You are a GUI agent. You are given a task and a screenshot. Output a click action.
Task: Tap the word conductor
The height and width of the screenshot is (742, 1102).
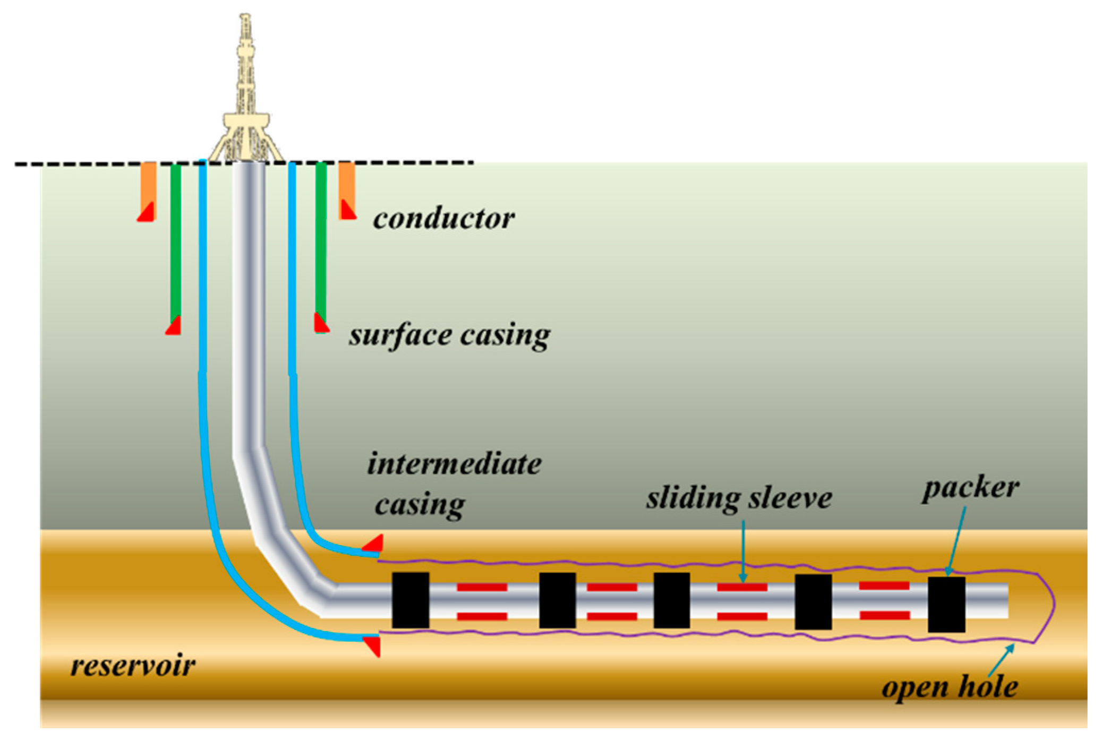pyautogui.click(x=443, y=218)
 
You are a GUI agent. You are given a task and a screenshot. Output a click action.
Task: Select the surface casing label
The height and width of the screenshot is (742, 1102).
pyautogui.click(x=449, y=335)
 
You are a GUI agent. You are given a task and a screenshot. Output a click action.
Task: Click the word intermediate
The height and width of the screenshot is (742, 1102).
pyautogui.click(x=454, y=463)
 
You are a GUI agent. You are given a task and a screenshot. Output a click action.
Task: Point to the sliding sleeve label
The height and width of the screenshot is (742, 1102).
pyautogui.click(x=739, y=498)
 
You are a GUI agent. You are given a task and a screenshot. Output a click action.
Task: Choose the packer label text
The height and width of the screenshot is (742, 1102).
pyautogui.click(x=970, y=487)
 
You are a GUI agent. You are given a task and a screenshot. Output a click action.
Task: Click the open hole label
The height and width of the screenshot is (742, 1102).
pyautogui.click(x=950, y=687)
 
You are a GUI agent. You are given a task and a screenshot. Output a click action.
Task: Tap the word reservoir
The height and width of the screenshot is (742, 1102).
pyautogui.click(x=133, y=665)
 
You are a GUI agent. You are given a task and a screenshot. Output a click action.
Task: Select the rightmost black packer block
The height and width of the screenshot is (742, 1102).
pyautogui.click(x=946, y=604)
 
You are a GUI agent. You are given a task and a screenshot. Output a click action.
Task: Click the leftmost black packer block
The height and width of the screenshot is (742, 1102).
pyautogui.click(x=411, y=600)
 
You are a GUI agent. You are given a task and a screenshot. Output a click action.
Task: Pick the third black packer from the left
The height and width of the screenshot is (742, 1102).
pyautogui.click(x=672, y=600)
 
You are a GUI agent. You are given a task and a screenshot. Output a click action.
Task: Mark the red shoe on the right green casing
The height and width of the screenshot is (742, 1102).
pyautogui.click(x=320, y=323)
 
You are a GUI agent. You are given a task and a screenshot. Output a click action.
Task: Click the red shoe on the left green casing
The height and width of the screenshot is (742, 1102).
pyautogui.click(x=174, y=326)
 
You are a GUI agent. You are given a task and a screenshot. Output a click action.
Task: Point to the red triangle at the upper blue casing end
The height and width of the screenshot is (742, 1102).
pyautogui.click(x=374, y=544)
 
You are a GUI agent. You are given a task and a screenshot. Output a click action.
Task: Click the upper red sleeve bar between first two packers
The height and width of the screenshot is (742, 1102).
pyautogui.click(x=482, y=587)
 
